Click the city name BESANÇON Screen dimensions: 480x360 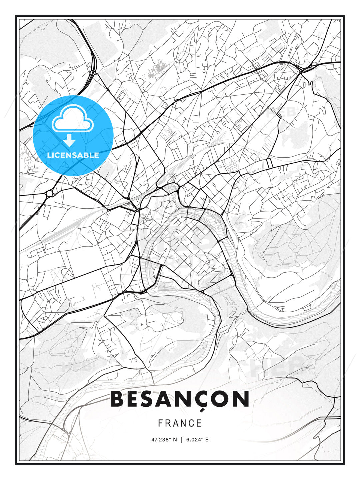[180, 399]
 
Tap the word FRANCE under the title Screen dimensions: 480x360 [180, 423]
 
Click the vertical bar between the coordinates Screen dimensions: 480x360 [181, 440]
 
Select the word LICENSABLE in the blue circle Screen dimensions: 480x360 [73, 155]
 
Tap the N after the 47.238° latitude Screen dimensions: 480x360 [175, 440]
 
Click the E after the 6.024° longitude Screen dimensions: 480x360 [207, 440]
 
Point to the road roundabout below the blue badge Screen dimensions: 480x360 [50, 193]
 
